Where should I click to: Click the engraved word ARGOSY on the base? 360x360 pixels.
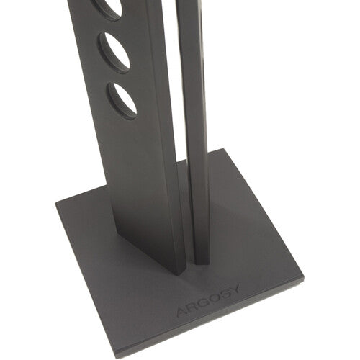208,300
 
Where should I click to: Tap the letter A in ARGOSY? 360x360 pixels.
182,312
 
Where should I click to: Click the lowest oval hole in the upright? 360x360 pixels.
122,101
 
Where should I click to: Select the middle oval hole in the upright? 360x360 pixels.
114,53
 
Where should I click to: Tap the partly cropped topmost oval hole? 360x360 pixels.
108,9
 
